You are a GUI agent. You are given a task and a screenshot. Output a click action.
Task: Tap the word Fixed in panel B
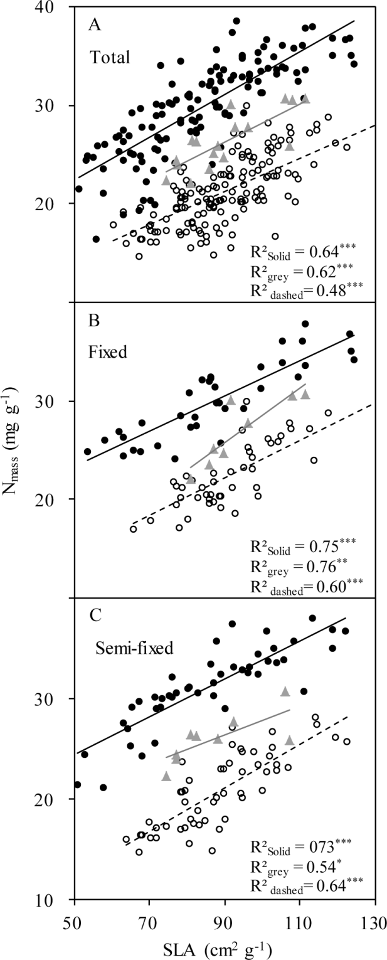click(108, 353)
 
